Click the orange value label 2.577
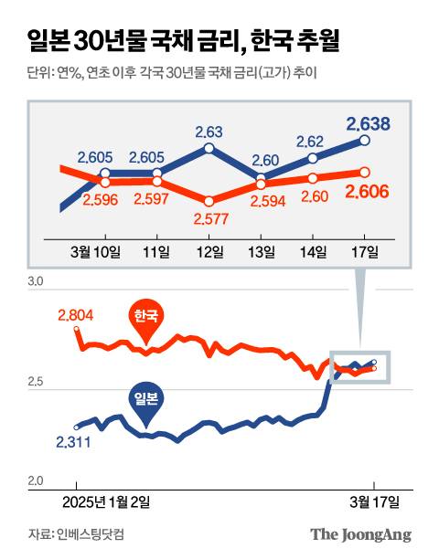click(x=209, y=219)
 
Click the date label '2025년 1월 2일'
click(x=105, y=501)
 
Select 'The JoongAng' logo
click(x=360, y=534)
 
